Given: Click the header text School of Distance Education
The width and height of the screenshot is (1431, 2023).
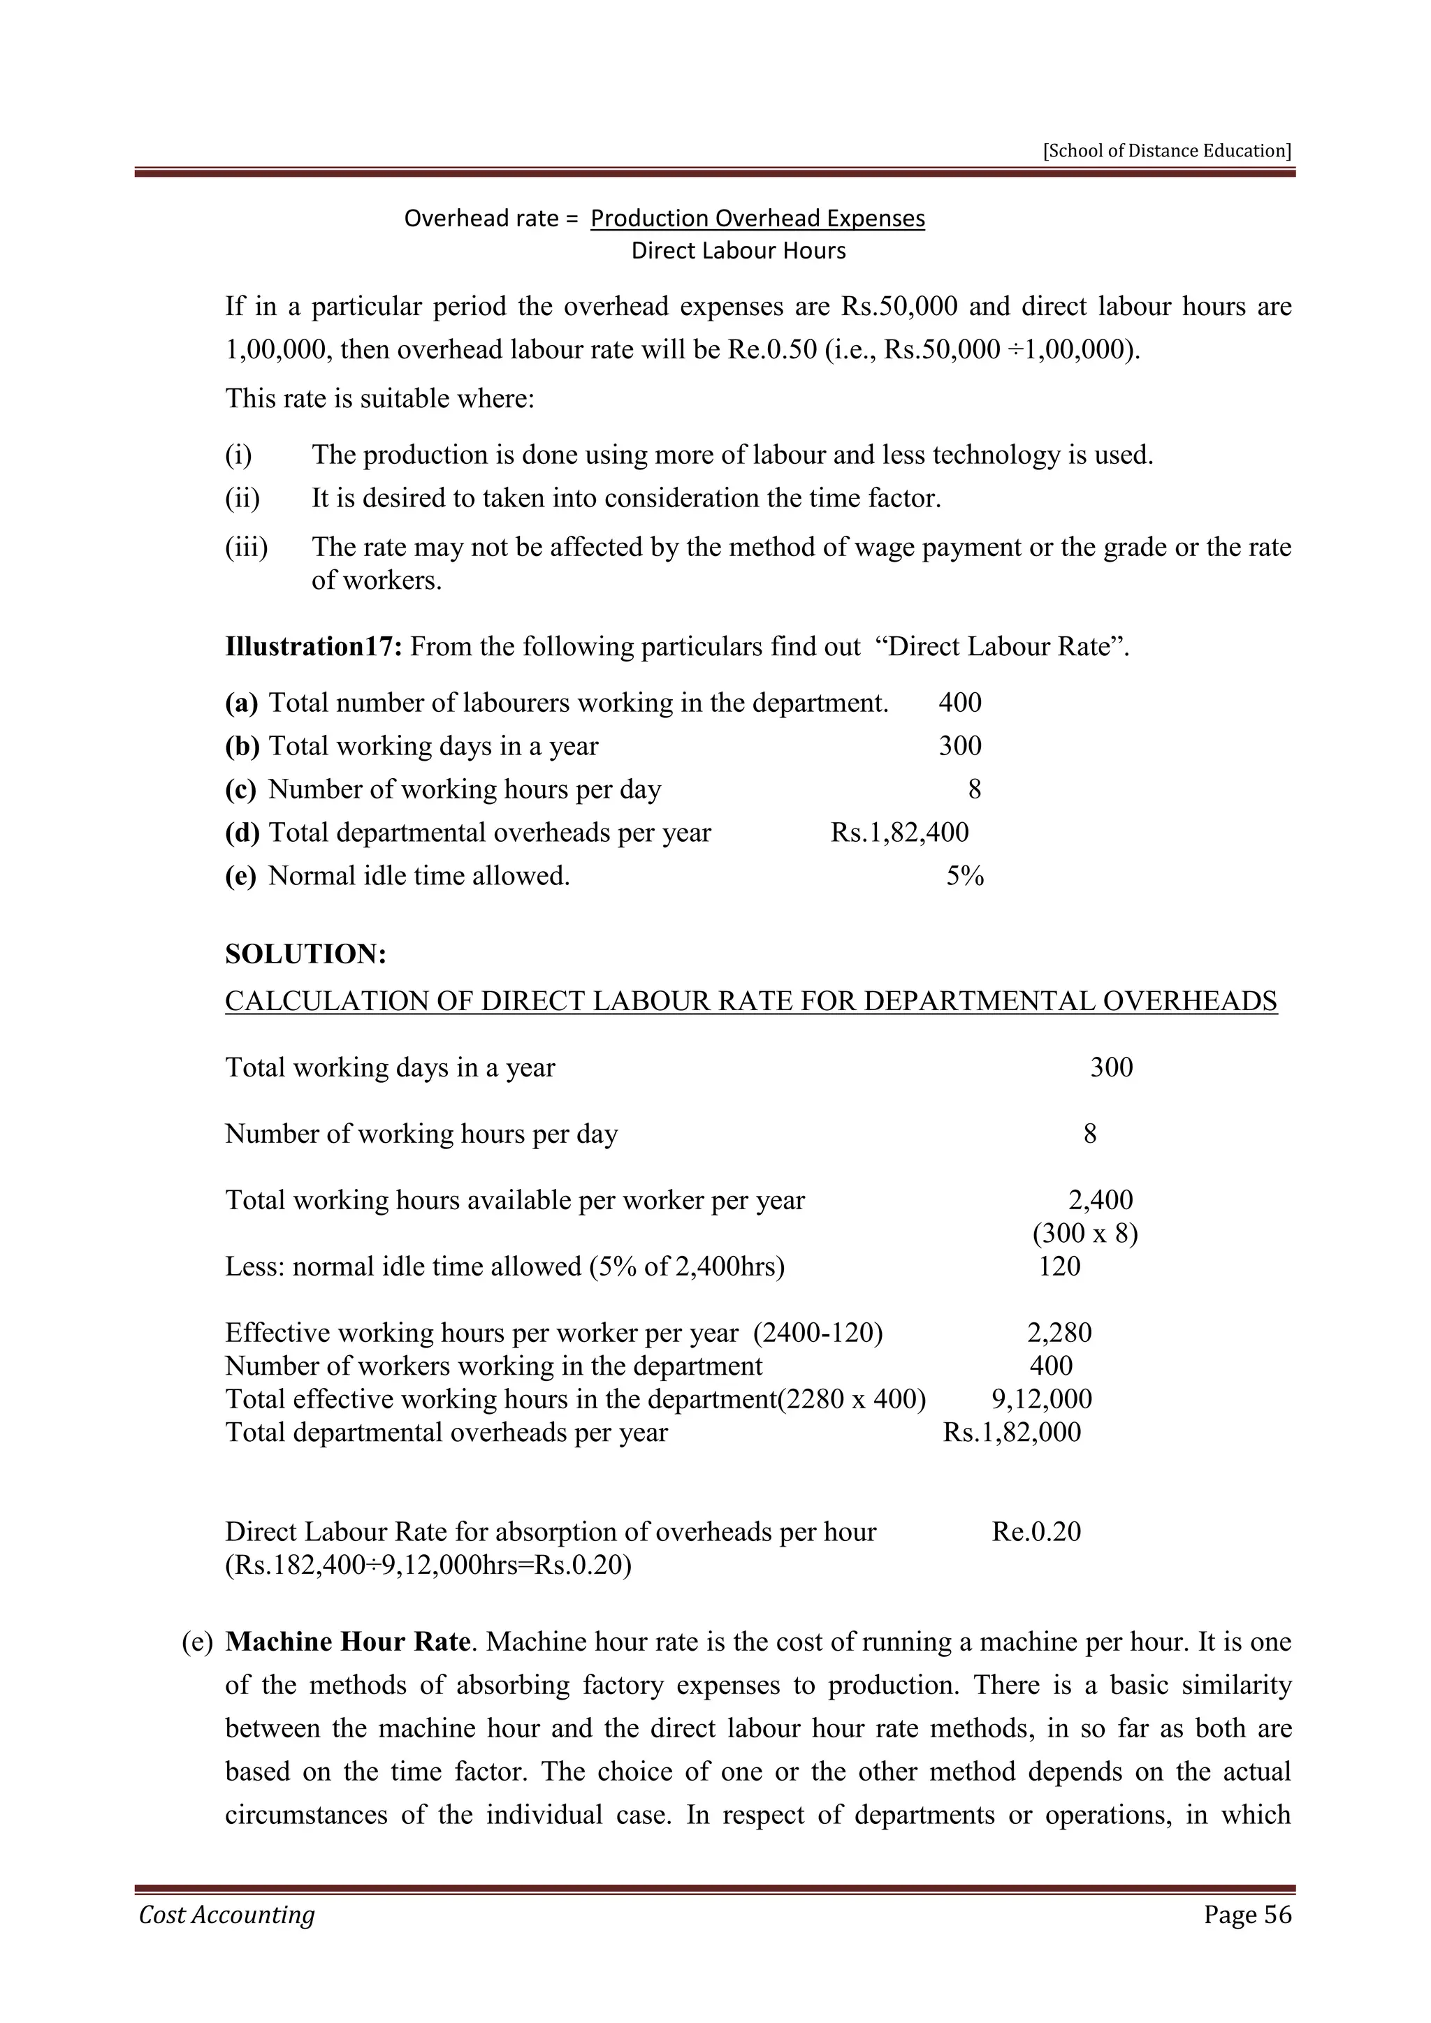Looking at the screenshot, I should [x=1167, y=151].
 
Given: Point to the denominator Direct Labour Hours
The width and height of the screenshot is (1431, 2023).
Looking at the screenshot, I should [x=739, y=251].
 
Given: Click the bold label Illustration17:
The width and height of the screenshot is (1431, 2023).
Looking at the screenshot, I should [x=314, y=647].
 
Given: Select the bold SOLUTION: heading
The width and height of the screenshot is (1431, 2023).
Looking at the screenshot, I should [x=306, y=954].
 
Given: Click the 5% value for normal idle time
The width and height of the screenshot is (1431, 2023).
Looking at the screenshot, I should [x=964, y=876].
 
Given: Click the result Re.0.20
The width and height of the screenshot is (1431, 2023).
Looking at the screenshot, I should [x=1036, y=1531].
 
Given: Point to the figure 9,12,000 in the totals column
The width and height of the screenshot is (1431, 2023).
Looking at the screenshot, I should [x=1042, y=1398].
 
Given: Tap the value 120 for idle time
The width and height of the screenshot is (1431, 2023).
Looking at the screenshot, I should [x=1059, y=1266].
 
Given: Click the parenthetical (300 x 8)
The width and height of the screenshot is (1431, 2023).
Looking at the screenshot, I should [x=1084, y=1234].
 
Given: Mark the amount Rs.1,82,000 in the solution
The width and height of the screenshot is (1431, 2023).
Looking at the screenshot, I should [x=1012, y=1432].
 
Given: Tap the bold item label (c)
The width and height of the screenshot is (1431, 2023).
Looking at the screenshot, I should [x=240, y=789].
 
